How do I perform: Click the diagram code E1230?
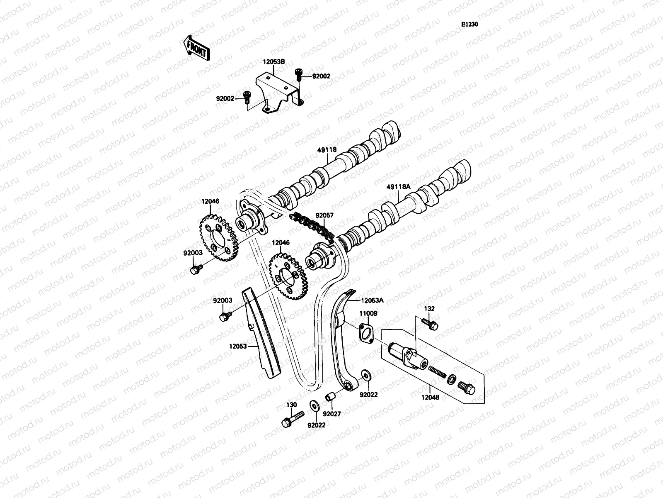(x=470, y=24)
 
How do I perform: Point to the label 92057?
(x=324, y=216)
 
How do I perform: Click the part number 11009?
(x=368, y=314)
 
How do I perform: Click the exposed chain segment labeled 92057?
(x=313, y=226)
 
